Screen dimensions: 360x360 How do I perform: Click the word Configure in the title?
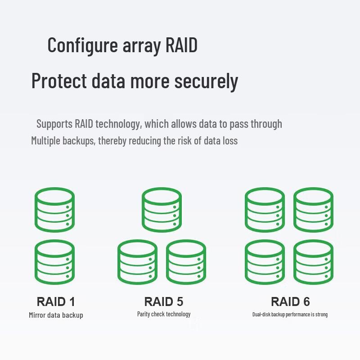pos(82,45)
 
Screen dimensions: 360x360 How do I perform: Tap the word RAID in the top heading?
pos(181,45)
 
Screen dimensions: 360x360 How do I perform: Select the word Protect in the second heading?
pos(59,81)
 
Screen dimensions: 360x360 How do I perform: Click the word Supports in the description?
pos(54,124)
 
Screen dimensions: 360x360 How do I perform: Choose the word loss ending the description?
pos(229,140)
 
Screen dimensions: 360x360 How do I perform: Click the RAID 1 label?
pos(56,301)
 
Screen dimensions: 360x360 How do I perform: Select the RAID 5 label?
pos(164,301)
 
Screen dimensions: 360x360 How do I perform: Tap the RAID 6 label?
pos(290,301)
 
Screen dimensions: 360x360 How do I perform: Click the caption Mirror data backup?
pos(56,315)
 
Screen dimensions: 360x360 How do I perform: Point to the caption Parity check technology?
pos(164,314)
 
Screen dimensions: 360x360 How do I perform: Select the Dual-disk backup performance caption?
pos(290,314)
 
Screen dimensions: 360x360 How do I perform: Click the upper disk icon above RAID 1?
pos(54,210)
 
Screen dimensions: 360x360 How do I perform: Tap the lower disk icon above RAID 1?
pos(54,262)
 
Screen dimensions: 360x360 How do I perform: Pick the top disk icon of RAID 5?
pos(162,210)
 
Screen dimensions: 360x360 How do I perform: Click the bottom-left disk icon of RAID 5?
pos(137,262)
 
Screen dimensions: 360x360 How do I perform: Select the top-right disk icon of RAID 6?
pos(313,210)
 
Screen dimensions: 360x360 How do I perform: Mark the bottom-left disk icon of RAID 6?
pos(265,262)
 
